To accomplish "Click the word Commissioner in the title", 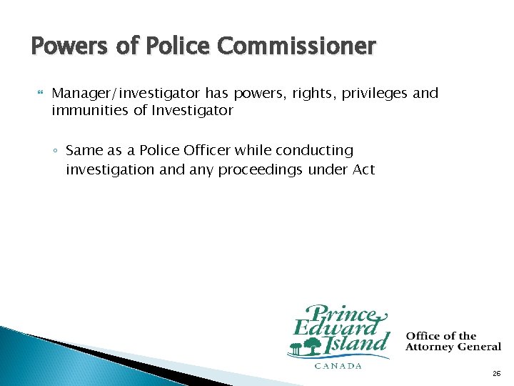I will click(296, 47).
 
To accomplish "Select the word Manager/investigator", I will click(127, 94).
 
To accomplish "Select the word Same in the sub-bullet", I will click(84, 151).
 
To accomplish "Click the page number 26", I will click(496, 374).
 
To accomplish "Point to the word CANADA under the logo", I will click(338, 365).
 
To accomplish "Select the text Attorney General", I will click(453, 347).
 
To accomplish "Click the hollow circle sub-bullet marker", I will click(56, 152).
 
